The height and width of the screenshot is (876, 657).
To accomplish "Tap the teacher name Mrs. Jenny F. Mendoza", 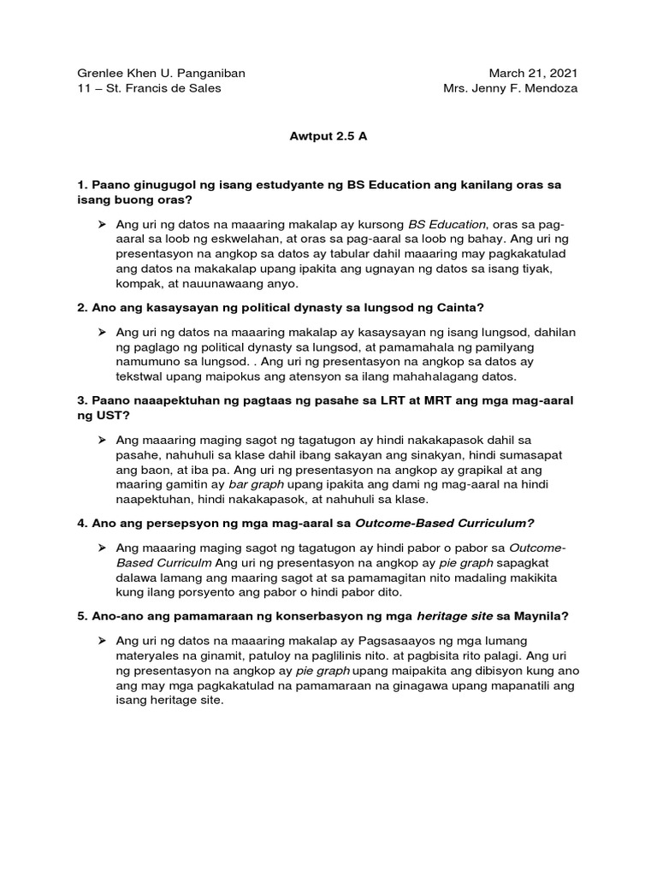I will pyautogui.click(x=510, y=89).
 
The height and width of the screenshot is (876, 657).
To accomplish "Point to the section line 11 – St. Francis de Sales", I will pyautogui.click(x=149, y=89).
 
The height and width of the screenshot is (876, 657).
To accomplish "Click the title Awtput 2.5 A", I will pyautogui.click(x=328, y=137).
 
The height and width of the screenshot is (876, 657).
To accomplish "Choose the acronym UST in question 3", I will pyautogui.click(x=109, y=416).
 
